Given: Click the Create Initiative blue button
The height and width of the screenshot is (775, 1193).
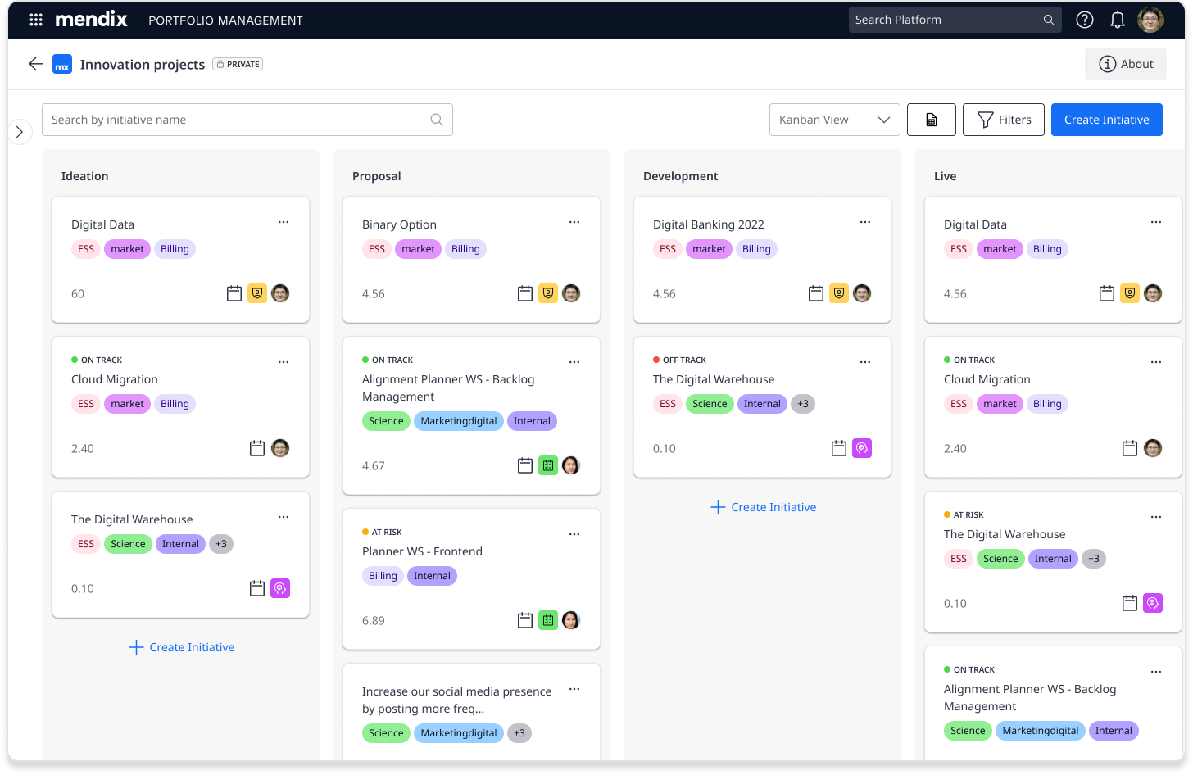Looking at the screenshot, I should coord(1106,120).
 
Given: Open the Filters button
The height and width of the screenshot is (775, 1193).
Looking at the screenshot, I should coord(1003,120).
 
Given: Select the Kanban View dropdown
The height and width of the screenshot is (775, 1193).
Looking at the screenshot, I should coord(834,120).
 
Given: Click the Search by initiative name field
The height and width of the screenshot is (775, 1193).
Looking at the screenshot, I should coord(238,120).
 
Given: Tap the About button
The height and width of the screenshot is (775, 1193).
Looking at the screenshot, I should coord(1125,64).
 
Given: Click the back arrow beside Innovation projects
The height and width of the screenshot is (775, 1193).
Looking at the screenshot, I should coord(35,64).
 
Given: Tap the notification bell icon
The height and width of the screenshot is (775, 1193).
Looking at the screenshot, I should coord(1117,20).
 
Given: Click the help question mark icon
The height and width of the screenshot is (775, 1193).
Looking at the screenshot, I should coord(1084,20).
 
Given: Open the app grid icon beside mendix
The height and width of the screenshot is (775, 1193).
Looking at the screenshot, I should coord(36,20).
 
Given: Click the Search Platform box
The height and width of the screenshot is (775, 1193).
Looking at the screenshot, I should coord(946,20).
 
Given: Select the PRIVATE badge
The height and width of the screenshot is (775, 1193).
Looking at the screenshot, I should coord(238,64).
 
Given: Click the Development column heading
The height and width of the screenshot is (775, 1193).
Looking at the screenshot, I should coord(680,176).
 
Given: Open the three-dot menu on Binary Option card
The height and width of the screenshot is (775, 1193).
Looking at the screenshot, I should coord(574,222).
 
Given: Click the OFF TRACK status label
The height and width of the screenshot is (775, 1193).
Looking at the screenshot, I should coord(683,360).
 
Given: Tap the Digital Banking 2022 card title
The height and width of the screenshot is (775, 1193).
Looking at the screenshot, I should coord(708,224).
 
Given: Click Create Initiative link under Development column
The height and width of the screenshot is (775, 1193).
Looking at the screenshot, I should coord(763,507).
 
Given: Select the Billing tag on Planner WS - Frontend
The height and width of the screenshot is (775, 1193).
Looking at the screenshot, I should coord(383,576).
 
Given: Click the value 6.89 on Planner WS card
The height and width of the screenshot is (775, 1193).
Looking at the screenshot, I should coord(374,621).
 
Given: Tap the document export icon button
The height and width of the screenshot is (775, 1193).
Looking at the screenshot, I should coord(931,120).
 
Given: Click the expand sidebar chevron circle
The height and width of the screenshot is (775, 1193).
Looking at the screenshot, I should coord(20,132).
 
